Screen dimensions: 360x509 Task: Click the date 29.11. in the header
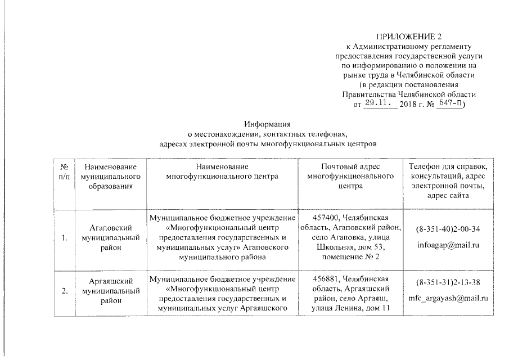(x=377, y=104)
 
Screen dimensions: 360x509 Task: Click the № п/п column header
(x=64, y=172)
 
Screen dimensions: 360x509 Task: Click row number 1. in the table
(x=65, y=238)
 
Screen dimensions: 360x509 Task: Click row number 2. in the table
(x=65, y=291)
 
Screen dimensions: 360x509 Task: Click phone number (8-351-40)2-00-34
(x=448, y=229)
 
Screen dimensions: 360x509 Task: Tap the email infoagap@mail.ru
(x=448, y=246)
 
